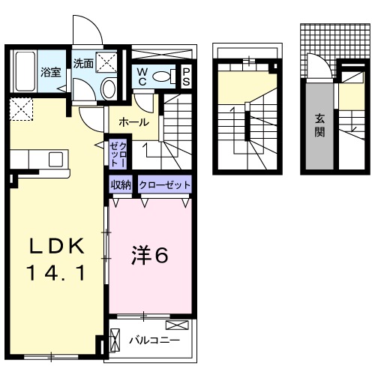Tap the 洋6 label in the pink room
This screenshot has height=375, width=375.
pyautogui.click(x=151, y=256)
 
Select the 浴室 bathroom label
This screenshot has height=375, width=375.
pyautogui.click(x=50, y=73)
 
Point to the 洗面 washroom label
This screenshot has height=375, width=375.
pyautogui.click(x=83, y=64)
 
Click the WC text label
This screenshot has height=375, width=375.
pyautogui.click(x=142, y=76)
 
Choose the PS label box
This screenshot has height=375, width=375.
pyautogui.click(x=186, y=76)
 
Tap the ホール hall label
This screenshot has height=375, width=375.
pyautogui.click(x=133, y=122)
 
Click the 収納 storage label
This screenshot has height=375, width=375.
pyautogui.click(x=121, y=184)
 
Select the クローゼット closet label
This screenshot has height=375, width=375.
pyautogui.click(x=163, y=184)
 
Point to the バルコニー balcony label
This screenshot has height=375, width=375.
pyautogui.click(x=154, y=340)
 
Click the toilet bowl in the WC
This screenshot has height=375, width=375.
pyautogui.click(x=174, y=76)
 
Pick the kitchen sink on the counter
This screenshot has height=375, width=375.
pyautogui.click(x=55, y=159)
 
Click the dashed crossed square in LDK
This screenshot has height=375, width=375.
pyautogui.click(x=22, y=109)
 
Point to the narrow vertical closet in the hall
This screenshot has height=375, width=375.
pyautogui.click(x=118, y=153)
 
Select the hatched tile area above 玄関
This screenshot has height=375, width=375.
pyautogui.click(x=320, y=41)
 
